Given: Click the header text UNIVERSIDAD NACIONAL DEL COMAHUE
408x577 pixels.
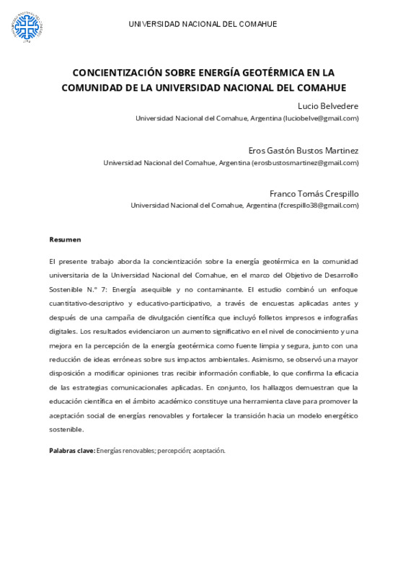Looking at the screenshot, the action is click(203, 25).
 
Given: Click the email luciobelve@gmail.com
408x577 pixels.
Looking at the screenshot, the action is click(321, 118).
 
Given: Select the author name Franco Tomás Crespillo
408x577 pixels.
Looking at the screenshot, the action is click(314, 193).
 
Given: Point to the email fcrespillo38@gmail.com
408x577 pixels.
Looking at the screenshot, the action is click(319, 206).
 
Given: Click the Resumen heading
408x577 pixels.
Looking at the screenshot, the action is click(65, 239).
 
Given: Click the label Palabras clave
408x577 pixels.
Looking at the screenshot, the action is click(71, 450).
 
